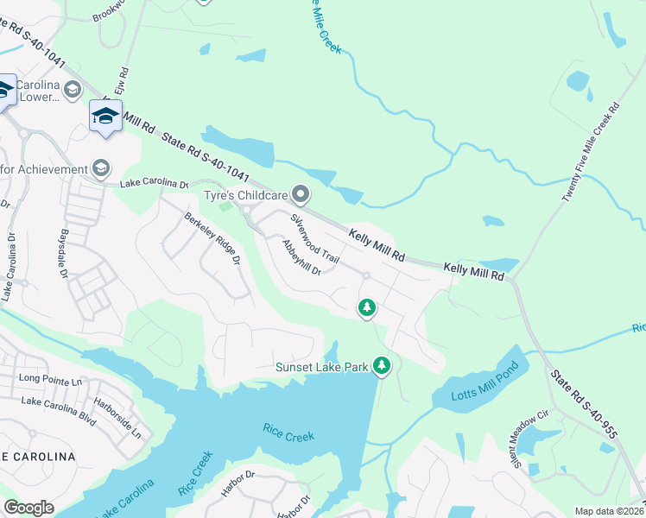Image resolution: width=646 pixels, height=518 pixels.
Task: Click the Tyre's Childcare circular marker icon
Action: coord(301,193)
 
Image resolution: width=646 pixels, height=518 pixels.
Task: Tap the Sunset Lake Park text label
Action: coord(322,367)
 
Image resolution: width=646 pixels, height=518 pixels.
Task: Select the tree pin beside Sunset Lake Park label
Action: coord(382,366)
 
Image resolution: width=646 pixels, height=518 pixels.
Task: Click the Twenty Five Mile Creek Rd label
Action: coord(591,154)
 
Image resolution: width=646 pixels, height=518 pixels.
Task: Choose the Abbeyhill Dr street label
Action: coord(301,257)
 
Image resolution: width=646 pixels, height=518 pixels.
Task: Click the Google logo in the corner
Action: coord(28,508)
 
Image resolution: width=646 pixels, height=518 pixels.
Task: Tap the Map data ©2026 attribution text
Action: coord(609,511)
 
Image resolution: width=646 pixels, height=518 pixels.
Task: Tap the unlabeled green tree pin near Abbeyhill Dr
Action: coord(367,307)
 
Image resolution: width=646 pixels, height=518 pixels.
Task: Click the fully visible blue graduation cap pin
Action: coord(105,117)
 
